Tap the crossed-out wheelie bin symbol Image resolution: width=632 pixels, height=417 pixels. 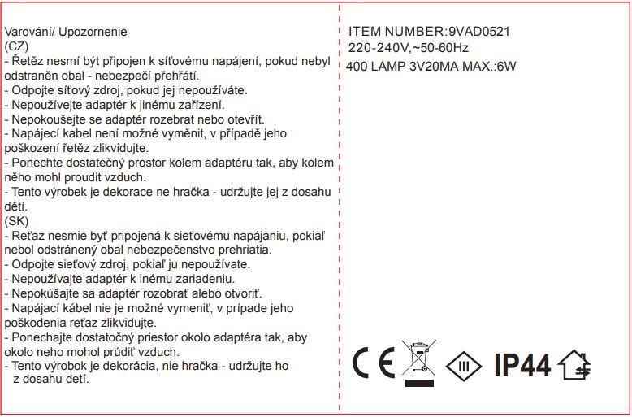click(x=419, y=363)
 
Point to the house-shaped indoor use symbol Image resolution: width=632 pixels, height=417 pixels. click(x=578, y=364)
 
